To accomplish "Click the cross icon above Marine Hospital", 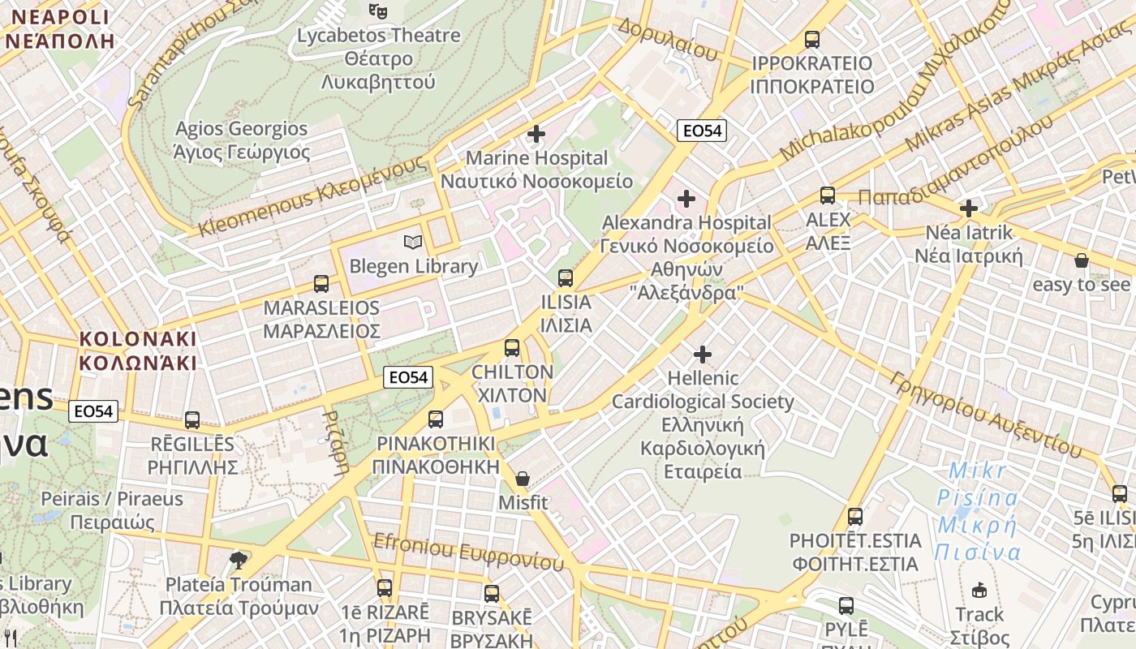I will coord(536,134).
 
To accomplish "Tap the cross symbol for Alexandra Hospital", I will coord(686,198).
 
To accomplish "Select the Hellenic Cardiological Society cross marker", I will coord(703,355).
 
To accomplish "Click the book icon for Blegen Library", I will coord(413,242).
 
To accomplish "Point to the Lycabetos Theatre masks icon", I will coord(377,11).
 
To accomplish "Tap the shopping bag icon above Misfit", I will coord(523,479).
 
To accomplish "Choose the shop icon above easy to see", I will coord(1081,260).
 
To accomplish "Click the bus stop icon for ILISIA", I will coord(566,278).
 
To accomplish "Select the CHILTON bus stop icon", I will coord(512,348).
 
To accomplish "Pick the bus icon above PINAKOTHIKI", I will coord(436,419).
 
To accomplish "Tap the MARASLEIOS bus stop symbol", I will coord(321,284).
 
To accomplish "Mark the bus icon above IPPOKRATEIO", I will coord(811,39).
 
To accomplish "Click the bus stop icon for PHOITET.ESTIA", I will coord(854,517).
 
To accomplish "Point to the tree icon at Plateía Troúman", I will coord(238,560).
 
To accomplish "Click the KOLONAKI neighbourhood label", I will coord(138,350).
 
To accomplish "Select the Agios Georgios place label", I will coord(242,140).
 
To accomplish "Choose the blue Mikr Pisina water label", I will coord(977,512).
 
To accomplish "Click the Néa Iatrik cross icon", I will coord(968,208).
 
